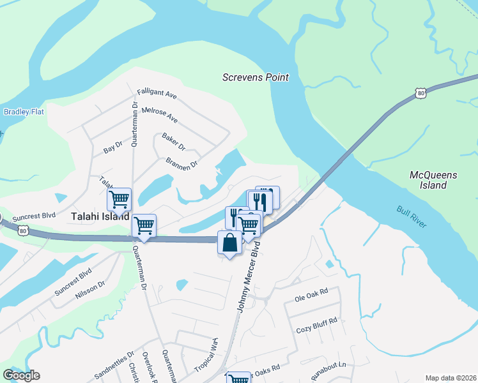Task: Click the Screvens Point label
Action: click(255, 77)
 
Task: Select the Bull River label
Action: click(411, 218)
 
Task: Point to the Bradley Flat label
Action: click(24, 112)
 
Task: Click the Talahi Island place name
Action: click(100, 216)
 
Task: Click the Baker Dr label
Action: click(173, 142)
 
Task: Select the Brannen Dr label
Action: click(182, 162)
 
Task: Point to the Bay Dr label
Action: click(112, 148)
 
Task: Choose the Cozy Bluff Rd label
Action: click(316, 330)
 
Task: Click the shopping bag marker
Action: click(230, 243)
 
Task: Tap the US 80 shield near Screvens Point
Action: click(420, 93)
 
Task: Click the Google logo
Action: click(21, 375)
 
